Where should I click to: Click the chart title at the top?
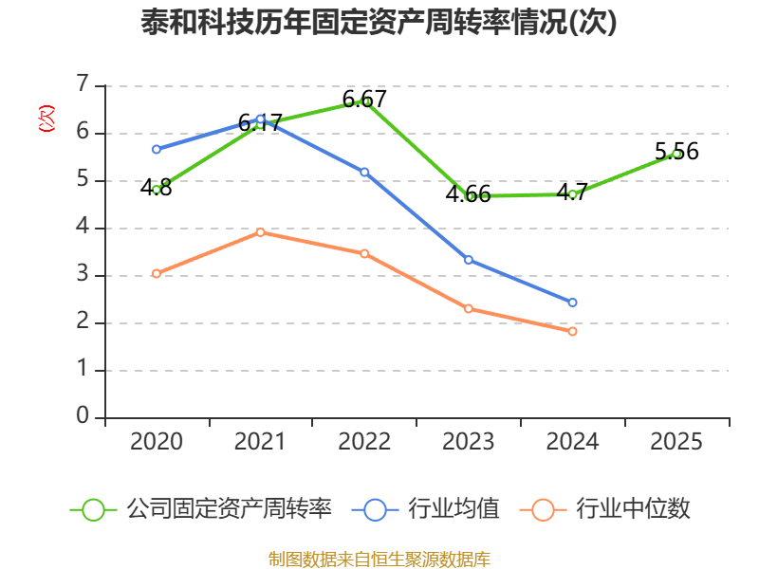click(x=379, y=22)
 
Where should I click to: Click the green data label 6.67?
click(x=364, y=100)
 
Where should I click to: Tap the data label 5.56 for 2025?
click(x=676, y=151)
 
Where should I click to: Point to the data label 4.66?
click(x=468, y=193)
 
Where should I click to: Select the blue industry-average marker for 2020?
click(x=157, y=150)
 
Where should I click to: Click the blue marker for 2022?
click(x=364, y=173)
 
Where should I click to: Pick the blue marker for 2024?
click(x=572, y=303)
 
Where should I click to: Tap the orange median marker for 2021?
click(x=260, y=232)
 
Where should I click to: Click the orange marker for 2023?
click(x=468, y=309)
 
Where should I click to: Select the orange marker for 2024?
click(x=572, y=331)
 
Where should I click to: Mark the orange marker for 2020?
click(x=157, y=274)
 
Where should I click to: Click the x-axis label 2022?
click(x=364, y=441)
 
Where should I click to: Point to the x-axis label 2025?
click(x=676, y=441)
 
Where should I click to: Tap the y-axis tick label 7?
click(x=83, y=83)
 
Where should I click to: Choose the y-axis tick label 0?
click(x=83, y=415)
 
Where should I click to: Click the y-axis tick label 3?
click(x=83, y=274)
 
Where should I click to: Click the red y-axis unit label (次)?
click(x=46, y=119)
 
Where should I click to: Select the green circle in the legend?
click(x=93, y=510)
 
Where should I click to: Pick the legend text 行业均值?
click(x=454, y=508)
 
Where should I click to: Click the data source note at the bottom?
click(x=379, y=559)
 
